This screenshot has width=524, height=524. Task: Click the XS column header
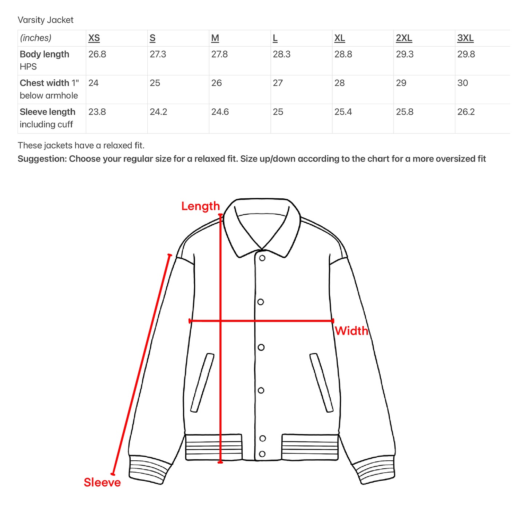(94, 38)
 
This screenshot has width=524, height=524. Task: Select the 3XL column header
(465, 38)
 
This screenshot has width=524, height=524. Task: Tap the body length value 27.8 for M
(219, 54)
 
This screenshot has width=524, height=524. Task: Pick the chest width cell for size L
(278, 83)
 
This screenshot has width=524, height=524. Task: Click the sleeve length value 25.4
(343, 112)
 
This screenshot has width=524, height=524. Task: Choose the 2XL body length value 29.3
(405, 54)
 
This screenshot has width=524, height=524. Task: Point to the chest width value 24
(94, 83)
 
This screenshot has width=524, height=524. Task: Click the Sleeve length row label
(48, 112)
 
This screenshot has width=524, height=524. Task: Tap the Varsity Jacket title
(45, 20)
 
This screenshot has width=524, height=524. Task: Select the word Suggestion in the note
(42, 159)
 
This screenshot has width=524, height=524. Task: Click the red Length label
(201, 206)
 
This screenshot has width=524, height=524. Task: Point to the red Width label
(352, 331)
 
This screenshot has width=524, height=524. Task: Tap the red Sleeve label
(102, 483)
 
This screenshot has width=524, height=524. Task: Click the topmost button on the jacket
(262, 258)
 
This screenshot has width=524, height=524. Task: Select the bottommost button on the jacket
(262, 454)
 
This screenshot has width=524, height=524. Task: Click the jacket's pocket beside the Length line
(202, 383)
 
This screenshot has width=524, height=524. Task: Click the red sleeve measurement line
(141, 364)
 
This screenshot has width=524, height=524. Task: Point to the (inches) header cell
(36, 38)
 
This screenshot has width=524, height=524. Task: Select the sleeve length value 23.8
(97, 112)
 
